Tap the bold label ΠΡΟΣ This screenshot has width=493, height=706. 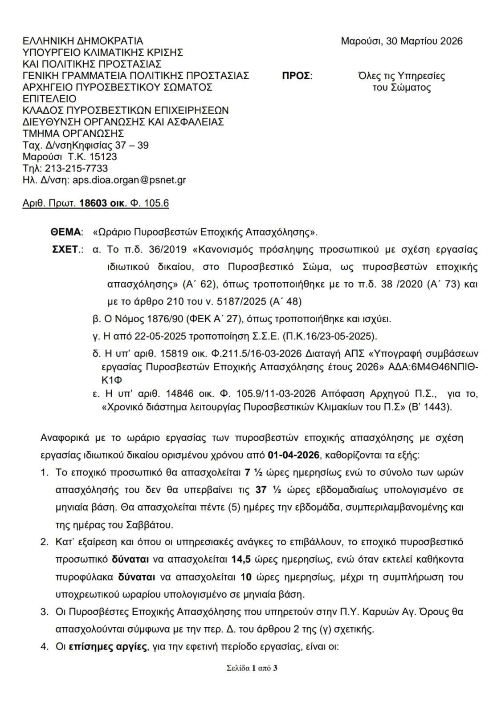pos(297,76)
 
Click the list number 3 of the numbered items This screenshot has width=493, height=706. pos(44,612)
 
